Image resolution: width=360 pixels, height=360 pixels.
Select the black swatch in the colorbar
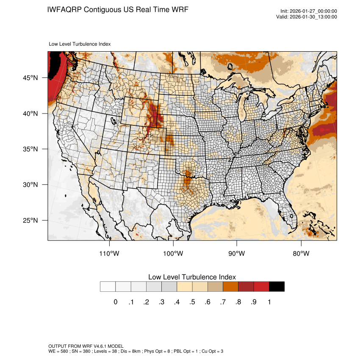coord(277,287)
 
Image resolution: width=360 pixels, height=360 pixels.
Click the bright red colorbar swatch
coord(261,287)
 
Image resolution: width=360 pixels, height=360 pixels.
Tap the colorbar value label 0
coord(115,302)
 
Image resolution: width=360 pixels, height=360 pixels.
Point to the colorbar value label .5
coord(192,302)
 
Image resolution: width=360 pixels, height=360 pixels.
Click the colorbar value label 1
coord(269,302)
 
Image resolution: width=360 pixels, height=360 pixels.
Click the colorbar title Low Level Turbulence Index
coord(192,277)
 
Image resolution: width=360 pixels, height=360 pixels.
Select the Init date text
coord(309,11)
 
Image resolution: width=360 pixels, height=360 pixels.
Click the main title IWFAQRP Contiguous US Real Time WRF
coord(118,9)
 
